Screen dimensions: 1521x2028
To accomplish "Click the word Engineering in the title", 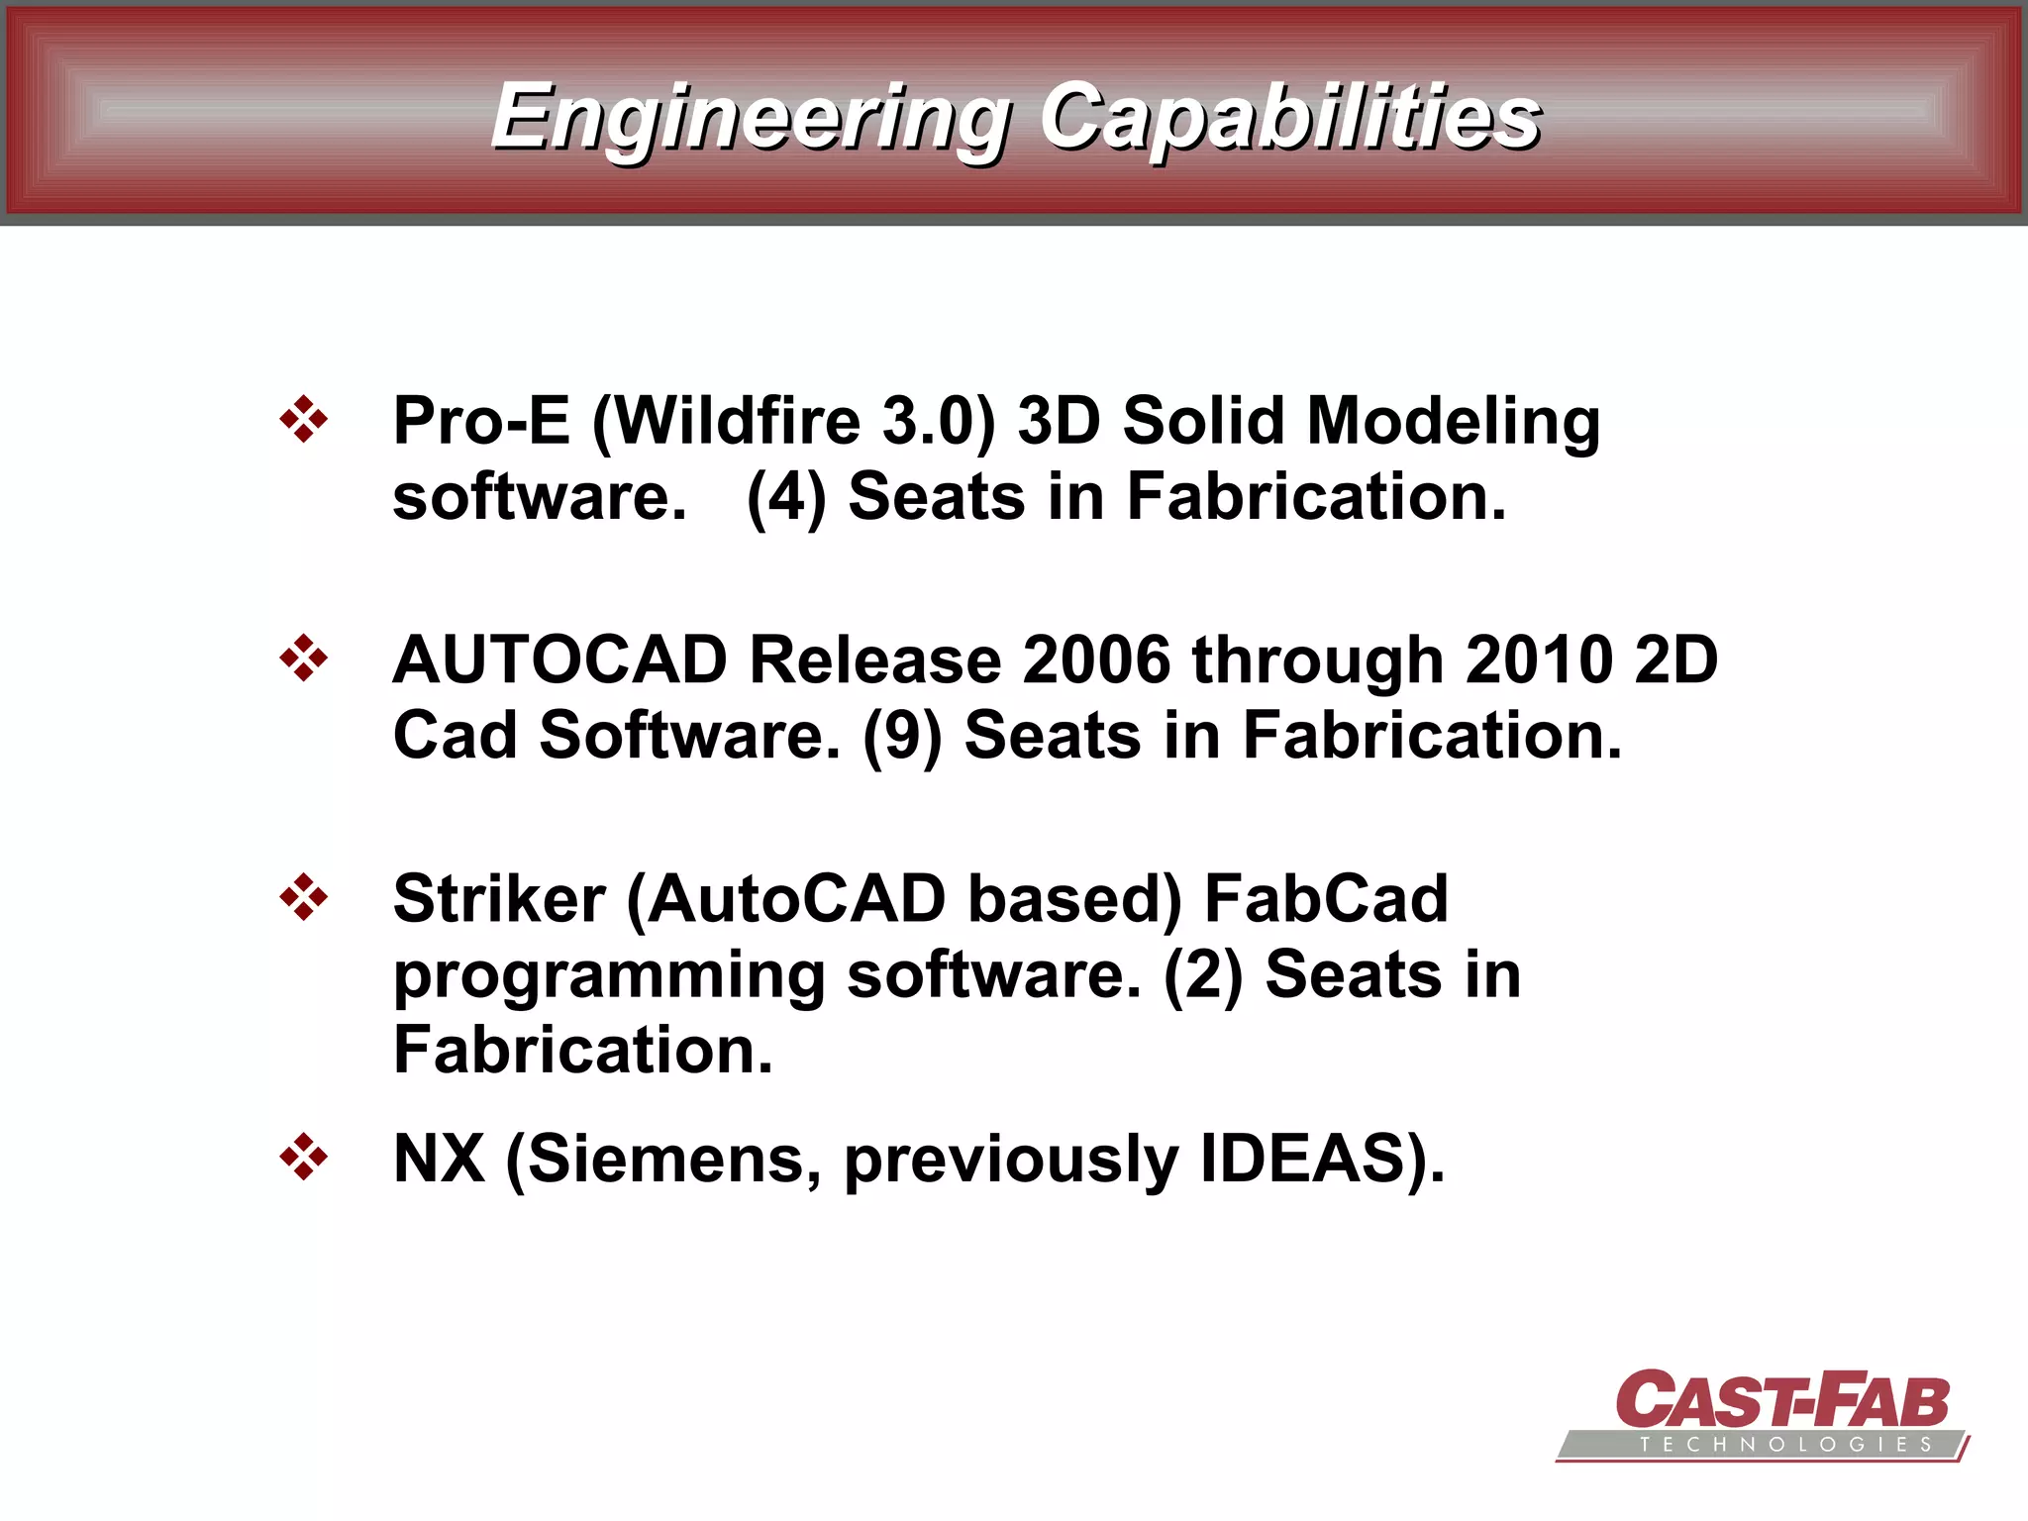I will (x=750, y=119).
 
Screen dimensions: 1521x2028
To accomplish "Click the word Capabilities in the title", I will (x=1289, y=119).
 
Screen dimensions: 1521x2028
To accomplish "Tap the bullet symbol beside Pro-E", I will (x=303, y=420).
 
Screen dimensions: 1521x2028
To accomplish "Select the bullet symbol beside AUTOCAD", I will (x=303, y=659).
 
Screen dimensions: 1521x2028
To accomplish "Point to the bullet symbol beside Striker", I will (x=303, y=898).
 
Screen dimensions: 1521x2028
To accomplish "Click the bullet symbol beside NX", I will (x=303, y=1158).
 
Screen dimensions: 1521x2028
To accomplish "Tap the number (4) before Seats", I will (x=786, y=497).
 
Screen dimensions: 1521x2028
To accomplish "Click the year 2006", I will (x=1095, y=660).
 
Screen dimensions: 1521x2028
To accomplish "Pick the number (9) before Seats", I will (x=902, y=737).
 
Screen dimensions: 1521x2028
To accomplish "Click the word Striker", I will (x=499, y=899).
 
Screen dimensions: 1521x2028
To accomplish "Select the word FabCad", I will (x=1326, y=899).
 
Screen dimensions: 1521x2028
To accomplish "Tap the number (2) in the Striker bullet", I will (x=1202, y=975).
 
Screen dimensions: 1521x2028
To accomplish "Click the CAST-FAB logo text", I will (x=1781, y=1400).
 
